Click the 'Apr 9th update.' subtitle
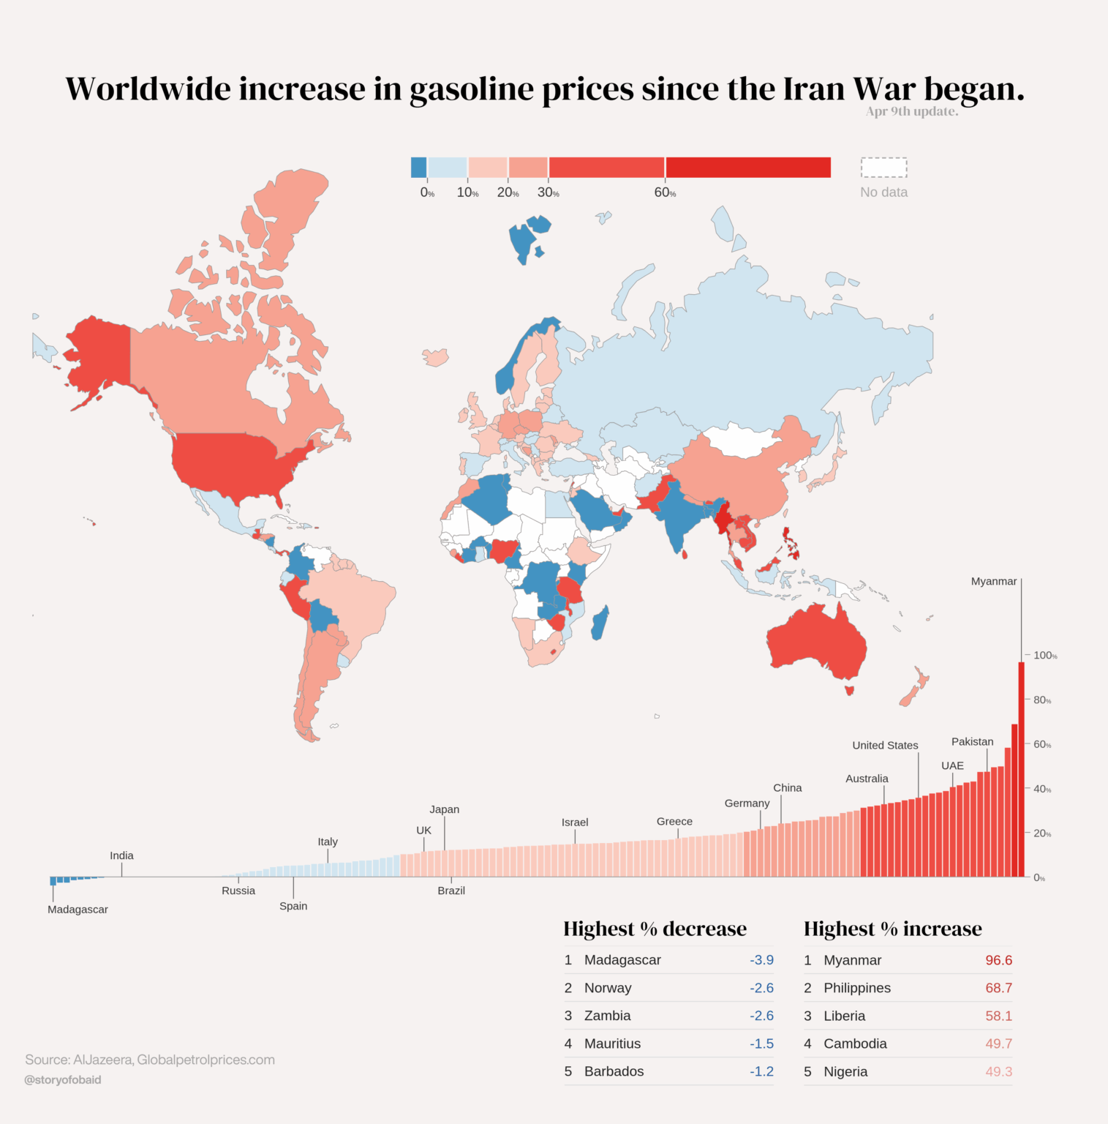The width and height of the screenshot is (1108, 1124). coord(911,111)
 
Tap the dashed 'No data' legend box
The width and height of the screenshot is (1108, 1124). coord(883,168)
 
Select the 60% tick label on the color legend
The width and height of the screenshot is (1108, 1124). coord(664,192)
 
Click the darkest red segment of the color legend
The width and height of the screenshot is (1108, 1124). coord(747,168)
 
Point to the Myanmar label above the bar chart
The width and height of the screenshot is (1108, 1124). coord(993,581)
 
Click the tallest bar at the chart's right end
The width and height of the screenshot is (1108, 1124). coord(1021,768)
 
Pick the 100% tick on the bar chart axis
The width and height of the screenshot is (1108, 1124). coord(1044,656)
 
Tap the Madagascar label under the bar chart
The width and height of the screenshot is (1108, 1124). coord(78,910)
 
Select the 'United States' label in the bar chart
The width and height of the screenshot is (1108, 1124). coord(885,745)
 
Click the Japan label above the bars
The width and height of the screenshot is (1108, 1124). coord(444,809)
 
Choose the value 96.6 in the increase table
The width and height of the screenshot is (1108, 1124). coord(998,960)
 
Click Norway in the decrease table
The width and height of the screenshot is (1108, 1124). coord(608,988)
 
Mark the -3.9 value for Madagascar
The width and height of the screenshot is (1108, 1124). coord(761,960)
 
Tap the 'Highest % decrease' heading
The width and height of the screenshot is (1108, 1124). coord(655,929)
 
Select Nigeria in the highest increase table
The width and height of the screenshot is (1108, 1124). coord(845,1071)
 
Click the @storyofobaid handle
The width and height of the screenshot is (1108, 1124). coord(63,1079)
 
